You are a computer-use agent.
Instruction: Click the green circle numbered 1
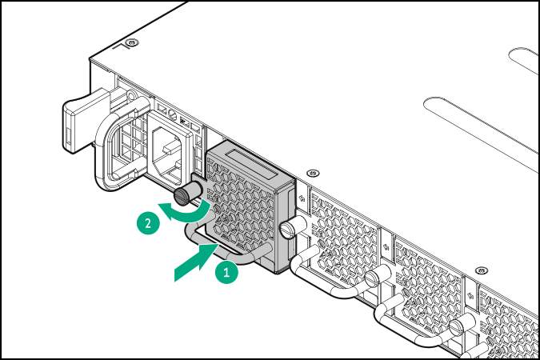click(226, 273)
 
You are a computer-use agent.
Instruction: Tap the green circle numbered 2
click(148, 223)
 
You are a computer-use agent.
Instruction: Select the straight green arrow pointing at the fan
click(197, 262)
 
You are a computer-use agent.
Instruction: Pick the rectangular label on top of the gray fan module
click(251, 164)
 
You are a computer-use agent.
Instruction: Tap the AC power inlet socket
click(169, 151)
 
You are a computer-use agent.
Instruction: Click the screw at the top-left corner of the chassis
click(131, 42)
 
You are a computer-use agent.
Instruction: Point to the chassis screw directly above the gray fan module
click(313, 173)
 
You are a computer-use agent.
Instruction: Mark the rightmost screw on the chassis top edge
click(481, 270)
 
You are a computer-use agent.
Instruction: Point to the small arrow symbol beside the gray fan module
click(302, 198)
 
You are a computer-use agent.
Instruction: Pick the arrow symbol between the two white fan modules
click(386, 246)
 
